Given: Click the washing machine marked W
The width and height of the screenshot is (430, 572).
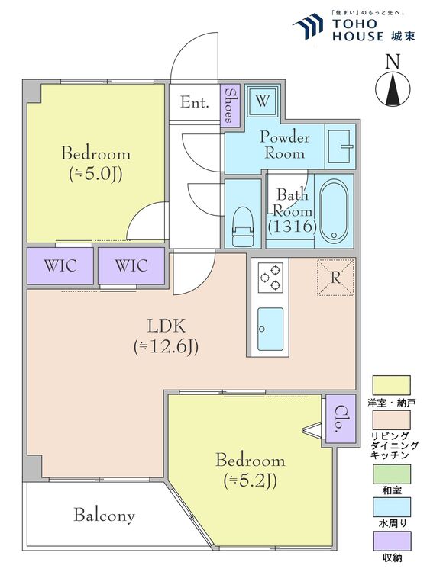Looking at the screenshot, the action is pyautogui.click(x=262, y=100).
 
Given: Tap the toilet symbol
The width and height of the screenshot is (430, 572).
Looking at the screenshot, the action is pyautogui.click(x=243, y=227).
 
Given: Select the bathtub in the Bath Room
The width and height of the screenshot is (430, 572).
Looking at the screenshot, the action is pyautogui.click(x=333, y=210).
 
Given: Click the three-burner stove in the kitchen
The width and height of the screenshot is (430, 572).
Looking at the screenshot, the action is pyautogui.click(x=270, y=278).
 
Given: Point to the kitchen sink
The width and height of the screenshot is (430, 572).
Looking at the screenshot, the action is pyautogui.click(x=270, y=329).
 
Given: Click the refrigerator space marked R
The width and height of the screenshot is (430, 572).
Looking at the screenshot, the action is pyautogui.click(x=335, y=277).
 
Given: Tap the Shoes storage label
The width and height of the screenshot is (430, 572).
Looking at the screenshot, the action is pyautogui.click(x=230, y=105).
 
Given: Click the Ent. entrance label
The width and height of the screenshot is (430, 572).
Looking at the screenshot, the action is pyautogui.click(x=195, y=102).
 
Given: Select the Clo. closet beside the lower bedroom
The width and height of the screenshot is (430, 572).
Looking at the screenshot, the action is pyautogui.click(x=340, y=419).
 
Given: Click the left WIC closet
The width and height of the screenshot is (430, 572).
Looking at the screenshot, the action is pyautogui.click(x=60, y=265).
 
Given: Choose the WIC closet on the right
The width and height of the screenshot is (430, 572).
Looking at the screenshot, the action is pyautogui.click(x=131, y=265).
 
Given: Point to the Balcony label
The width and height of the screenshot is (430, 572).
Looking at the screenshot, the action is pyautogui.click(x=105, y=516).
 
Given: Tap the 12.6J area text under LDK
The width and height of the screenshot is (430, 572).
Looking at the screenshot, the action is pyautogui.click(x=167, y=347).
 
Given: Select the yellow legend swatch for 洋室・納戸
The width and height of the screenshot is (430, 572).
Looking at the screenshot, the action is pyautogui.click(x=391, y=385).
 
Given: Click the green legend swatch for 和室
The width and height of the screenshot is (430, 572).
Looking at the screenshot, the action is pyautogui.click(x=391, y=474).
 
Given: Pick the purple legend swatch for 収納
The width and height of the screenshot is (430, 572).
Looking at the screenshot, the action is pyautogui.click(x=391, y=541).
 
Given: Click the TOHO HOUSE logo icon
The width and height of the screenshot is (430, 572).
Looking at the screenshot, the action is pyautogui.click(x=308, y=26).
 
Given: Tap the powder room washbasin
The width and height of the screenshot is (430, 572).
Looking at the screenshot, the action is pyautogui.click(x=340, y=147).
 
